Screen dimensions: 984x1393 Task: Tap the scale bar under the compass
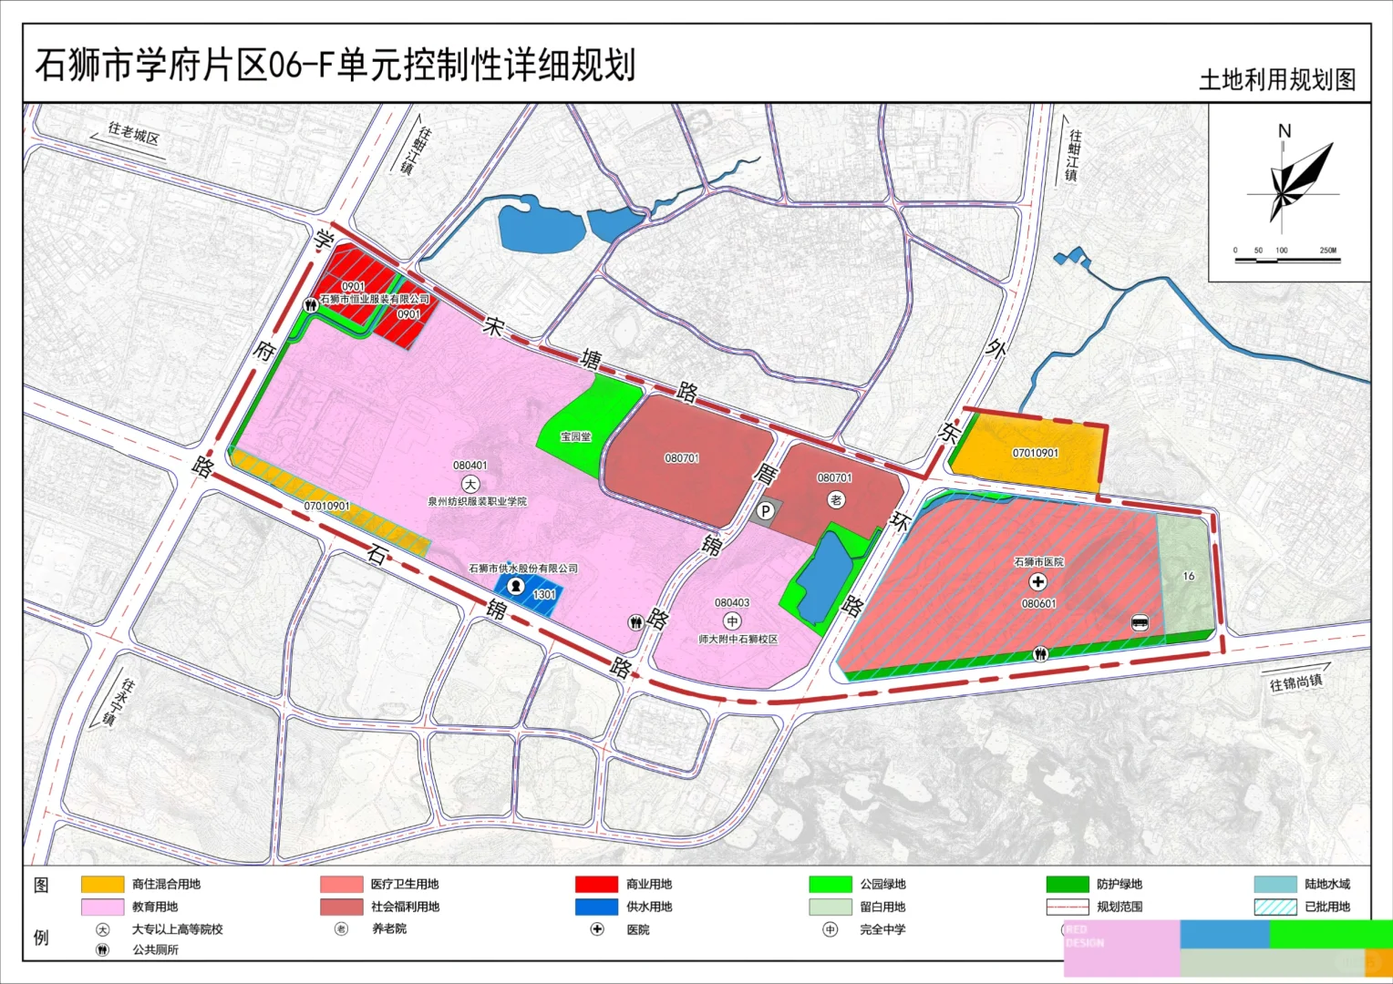(x=1287, y=261)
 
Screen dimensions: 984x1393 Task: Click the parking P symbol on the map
(x=766, y=511)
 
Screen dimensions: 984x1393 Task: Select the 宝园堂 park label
(x=575, y=436)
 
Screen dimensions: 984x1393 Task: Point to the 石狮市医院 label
(x=1038, y=562)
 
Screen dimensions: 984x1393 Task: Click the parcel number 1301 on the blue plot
(x=544, y=594)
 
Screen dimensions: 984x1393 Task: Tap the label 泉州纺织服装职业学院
(x=477, y=501)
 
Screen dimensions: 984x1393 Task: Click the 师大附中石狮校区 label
(x=738, y=639)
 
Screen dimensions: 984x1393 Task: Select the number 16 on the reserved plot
(x=1188, y=576)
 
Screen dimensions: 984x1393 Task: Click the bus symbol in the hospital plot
(x=1139, y=623)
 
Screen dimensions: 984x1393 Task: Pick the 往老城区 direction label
(x=133, y=134)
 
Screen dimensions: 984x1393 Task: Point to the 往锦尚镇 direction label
(x=1295, y=682)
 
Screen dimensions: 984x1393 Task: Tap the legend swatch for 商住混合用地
(x=102, y=884)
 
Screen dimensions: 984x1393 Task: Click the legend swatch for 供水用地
(x=596, y=907)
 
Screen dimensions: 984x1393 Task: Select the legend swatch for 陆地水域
(x=1274, y=884)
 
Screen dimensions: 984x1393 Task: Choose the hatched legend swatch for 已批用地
(x=1274, y=907)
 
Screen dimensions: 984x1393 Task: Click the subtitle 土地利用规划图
(x=1276, y=80)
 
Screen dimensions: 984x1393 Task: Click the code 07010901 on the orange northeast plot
(x=1035, y=453)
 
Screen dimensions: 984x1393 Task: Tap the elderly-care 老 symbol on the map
(x=836, y=499)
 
